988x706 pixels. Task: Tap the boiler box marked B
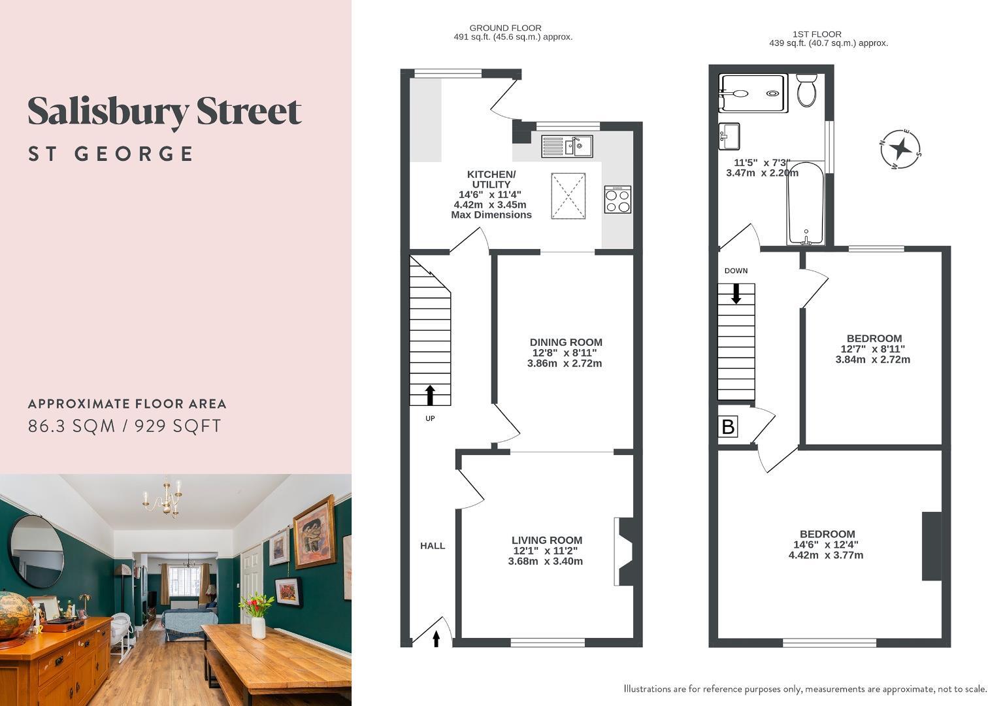pyautogui.click(x=728, y=427)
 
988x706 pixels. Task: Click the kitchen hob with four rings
pyautogui.click(x=617, y=199)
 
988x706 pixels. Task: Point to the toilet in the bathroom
pyautogui.click(x=807, y=90)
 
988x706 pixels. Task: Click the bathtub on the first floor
pyautogui.click(x=806, y=203)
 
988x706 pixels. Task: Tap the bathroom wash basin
pyautogui.click(x=729, y=136)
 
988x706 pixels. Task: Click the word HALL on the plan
pyautogui.click(x=433, y=546)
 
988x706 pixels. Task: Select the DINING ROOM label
pyautogui.click(x=566, y=342)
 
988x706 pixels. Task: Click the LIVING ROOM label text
pyautogui.click(x=547, y=540)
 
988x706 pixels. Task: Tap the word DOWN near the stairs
pyautogui.click(x=736, y=271)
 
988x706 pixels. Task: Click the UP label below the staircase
pyautogui.click(x=430, y=418)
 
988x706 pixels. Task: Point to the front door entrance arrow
pyautogui.click(x=436, y=639)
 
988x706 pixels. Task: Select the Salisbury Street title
pyautogui.click(x=165, y=112)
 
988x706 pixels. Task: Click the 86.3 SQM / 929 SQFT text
pyautogui.click(x=124, y=426)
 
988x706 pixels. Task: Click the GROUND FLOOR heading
pyautogui.click(x=506, y=28)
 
